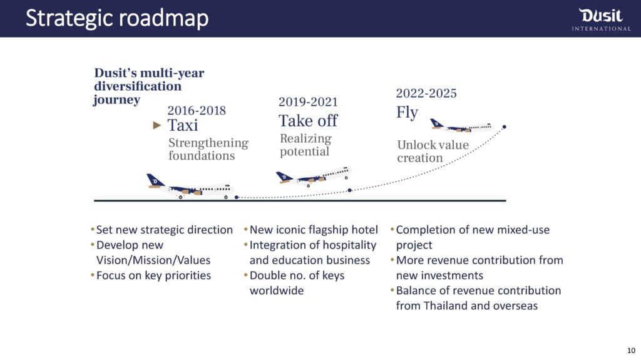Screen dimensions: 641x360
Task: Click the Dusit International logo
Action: point(602,19)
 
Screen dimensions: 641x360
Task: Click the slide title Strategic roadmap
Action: point(117,18)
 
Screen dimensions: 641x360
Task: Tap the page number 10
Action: point(631,351)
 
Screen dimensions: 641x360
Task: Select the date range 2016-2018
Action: point(197,110)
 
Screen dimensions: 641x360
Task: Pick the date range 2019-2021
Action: point(308,102)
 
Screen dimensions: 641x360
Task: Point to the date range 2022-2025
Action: point(426,93)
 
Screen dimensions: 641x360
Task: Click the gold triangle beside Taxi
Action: point(157,125)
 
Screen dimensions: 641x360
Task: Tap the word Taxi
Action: point(183,125)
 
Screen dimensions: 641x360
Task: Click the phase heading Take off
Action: point(308,121)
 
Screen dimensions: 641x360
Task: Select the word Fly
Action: point(407,113)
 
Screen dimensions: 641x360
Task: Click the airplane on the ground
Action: point(190,187)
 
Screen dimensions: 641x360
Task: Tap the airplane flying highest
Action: point(462,126)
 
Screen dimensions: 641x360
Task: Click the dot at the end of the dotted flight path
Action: point(504,127)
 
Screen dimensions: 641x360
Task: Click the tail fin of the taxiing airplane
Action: point(155,180)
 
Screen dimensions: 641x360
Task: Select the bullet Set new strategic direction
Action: point(165,230)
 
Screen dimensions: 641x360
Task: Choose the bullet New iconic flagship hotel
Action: point(314,230)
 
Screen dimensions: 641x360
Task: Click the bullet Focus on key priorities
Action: point(154,275)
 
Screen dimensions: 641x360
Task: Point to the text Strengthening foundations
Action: point(208,149)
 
